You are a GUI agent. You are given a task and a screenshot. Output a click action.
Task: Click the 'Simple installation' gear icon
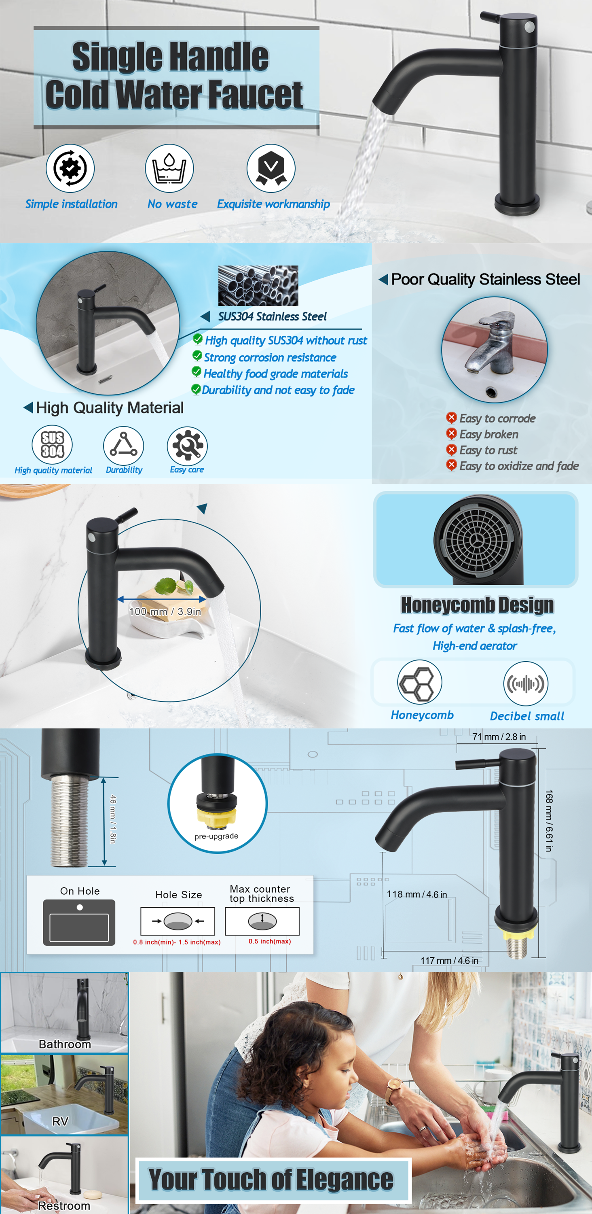tap(70, 168)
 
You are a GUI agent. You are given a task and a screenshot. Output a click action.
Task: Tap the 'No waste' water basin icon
tap(169, 168)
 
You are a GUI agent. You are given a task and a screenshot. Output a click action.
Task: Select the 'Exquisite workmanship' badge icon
tap(271, 168)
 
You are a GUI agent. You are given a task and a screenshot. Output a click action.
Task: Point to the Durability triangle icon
tap(123, 446)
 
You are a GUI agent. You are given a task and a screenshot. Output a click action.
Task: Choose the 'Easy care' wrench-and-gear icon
tap(188, 446)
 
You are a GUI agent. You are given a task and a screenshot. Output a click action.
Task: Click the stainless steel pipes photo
tap(258, 286)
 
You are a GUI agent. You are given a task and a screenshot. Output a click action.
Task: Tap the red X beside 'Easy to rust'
tap(451, 449)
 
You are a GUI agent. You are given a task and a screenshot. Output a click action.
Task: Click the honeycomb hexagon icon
tap(420, 682)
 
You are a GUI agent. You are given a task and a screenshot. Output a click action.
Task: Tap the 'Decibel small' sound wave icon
tap(526, 683)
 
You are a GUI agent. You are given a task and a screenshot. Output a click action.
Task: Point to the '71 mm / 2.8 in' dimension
tap(499, 736)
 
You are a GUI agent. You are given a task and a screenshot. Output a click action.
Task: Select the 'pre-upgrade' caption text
tap(216, 836)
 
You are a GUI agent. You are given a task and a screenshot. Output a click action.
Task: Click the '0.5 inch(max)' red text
tap(270, 941)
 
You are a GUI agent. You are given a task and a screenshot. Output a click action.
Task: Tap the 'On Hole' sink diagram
tap(79, 922)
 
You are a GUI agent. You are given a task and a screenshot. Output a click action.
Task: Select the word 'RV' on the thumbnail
tap(60, 1121)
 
